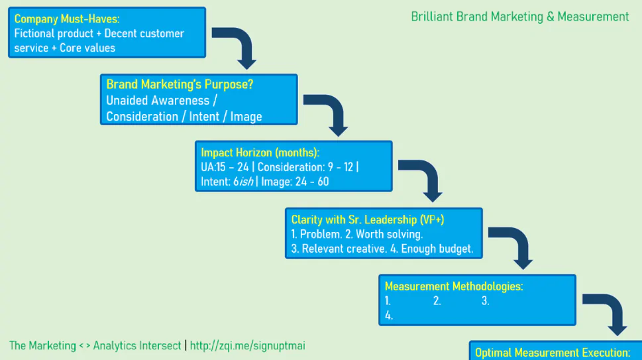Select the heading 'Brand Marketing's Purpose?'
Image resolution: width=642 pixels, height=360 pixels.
[x=180, y=85]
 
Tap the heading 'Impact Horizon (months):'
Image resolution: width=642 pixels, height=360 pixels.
[x=260, y=152]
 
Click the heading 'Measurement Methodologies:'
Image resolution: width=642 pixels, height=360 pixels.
[x=454, y=286]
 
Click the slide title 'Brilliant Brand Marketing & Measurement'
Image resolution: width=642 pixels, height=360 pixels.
[x=520, y=17]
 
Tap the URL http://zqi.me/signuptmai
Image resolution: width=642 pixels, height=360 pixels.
[x=247, y=346]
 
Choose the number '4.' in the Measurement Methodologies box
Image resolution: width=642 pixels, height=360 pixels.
[x=389, y=316]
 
